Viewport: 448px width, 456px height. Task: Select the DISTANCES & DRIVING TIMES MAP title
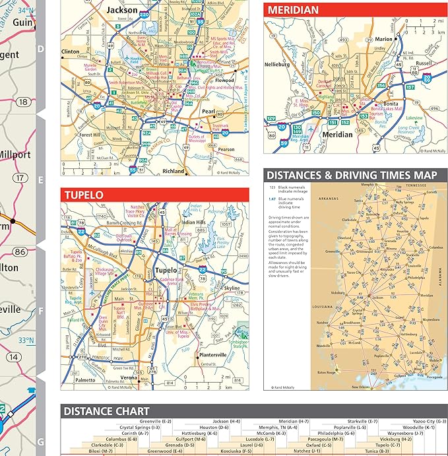352,175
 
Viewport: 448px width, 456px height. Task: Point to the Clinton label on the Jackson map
71,51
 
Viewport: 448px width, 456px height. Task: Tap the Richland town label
174,171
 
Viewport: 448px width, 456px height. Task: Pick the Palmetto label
84,380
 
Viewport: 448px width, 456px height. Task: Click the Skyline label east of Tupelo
232,288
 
